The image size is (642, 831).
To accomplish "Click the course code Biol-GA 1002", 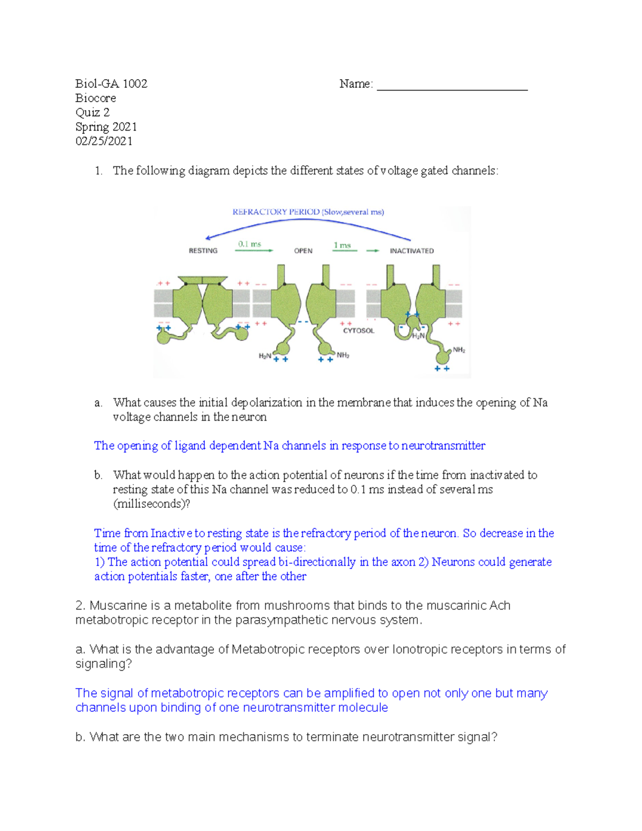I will (111, 83).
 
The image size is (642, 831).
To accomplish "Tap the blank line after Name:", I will (452, 86).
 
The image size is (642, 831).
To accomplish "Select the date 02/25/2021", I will (104, 141).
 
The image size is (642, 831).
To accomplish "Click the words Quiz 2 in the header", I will (93, 112).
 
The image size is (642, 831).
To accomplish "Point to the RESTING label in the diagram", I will (203, 250).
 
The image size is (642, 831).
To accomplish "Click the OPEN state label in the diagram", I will (303, 250).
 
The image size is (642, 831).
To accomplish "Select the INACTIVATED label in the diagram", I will (411, 250).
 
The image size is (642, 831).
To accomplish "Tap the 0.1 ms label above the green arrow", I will (249, 244).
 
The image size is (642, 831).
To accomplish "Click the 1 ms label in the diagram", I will (342, 245).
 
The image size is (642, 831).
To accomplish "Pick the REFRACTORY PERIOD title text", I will (276, 212).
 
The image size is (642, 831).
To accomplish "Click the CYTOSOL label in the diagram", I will (358, 331).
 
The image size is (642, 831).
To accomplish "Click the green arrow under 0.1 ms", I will (254, 250).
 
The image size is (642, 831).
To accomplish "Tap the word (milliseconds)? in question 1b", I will (151, 504).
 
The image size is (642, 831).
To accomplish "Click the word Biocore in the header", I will (96, 98).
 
